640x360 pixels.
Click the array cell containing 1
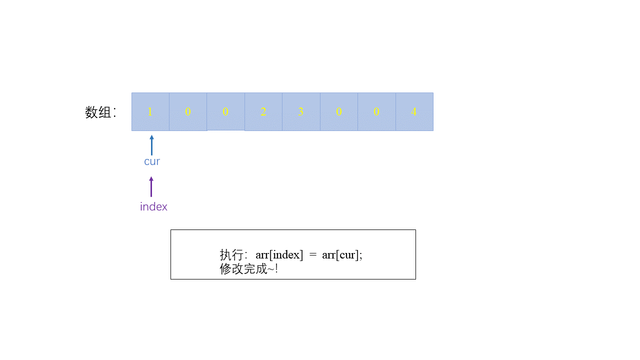(x=150, y=111)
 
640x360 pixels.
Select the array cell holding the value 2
(x=263, y=111)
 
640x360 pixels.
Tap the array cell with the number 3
(x=301, y=111)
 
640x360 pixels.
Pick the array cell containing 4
(x=414, y=111)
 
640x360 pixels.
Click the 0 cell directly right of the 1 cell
(x=188, y=111)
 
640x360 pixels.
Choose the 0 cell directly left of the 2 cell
(x=225, y=111)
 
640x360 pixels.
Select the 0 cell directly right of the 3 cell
(x=339, y=111)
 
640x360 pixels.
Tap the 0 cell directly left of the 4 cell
(x=376, y=111)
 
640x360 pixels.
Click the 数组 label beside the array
(x=98, y=112)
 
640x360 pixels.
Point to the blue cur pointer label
(x=152, y=161)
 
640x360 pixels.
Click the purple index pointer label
(x=153, y=206)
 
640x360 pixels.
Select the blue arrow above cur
(x=151, y=145)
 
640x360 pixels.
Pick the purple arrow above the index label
(x=151, y=186)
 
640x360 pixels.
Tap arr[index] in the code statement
(x=279, y=254)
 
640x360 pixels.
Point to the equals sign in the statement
(x=313, y=254)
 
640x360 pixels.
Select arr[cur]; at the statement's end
(x=342, y=254)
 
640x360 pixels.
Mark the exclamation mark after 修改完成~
(x=276, y=269)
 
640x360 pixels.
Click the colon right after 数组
(x=115, y=112)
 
